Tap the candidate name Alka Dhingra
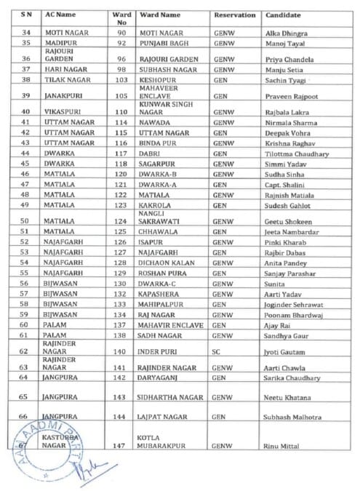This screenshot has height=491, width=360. point(285,33)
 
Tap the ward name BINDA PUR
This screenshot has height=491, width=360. point(156,143)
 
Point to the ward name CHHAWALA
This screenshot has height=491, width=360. point(158,231)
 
